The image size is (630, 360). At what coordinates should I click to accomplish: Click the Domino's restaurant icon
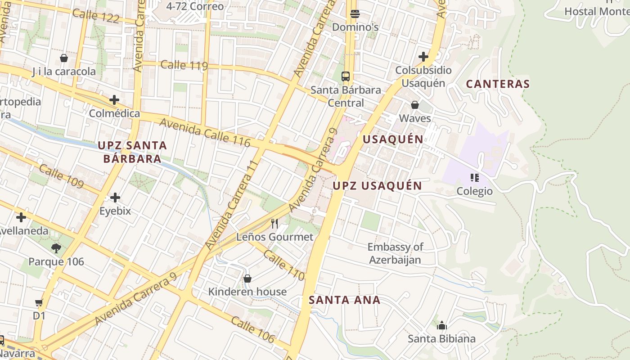355,13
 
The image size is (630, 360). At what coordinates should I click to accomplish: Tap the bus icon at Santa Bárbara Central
346,76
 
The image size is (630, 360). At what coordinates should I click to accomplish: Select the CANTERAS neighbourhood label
498,84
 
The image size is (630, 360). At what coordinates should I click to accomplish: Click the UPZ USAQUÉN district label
377,186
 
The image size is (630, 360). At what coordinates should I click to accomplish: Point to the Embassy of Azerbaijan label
395,253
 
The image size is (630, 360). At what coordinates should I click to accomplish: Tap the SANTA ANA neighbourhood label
345,300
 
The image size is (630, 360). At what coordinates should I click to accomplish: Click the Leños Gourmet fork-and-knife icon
274,223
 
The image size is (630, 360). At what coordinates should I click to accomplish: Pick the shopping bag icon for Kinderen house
247,279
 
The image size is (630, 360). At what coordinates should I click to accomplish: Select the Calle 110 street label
283,265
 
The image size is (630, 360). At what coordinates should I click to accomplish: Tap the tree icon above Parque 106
56,248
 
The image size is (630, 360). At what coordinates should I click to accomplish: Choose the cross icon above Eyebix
115,197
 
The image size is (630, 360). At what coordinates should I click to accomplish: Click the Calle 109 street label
61,176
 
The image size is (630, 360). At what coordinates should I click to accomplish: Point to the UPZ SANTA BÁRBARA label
132,152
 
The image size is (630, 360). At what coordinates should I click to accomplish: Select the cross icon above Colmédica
114,99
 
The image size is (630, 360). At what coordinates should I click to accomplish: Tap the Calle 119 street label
184,65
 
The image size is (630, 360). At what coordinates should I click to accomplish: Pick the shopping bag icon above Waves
415,105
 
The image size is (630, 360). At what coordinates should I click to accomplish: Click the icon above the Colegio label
474,178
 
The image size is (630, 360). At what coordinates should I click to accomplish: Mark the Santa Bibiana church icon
441,325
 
